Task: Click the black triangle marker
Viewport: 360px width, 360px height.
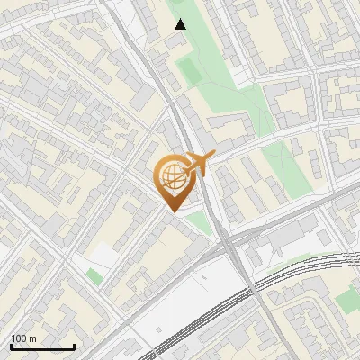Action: click(x=180, y=24)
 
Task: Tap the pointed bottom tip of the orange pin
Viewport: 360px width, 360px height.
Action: click(x=172, y=211)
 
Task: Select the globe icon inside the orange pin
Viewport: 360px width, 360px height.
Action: click(x=172, y=176)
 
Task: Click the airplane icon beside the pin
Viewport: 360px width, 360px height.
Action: click(x=198, y=164)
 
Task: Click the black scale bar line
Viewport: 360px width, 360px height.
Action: click(x=42, y=346)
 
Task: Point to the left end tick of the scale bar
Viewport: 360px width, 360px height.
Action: click(x=11, y=345)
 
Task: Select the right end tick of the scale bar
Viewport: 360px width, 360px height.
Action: click(x=74, y=345)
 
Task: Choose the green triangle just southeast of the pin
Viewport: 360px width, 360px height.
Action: click(x=200, y=222)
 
